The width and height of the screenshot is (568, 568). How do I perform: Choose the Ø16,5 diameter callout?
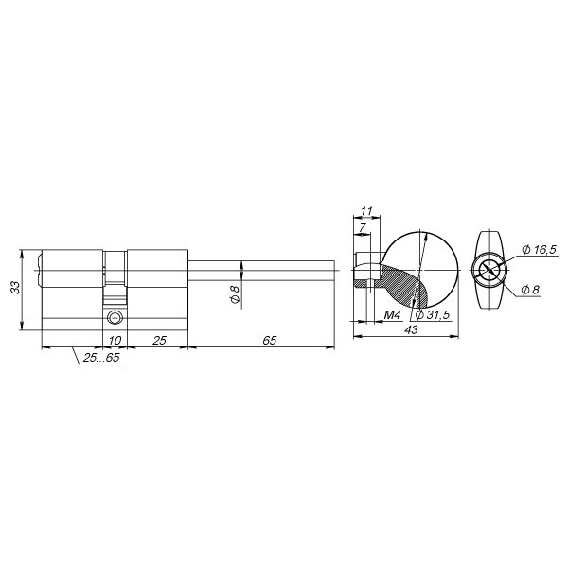(x=539, y=249)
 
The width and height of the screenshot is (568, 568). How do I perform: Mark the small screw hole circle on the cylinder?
(x=115, y=317)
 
